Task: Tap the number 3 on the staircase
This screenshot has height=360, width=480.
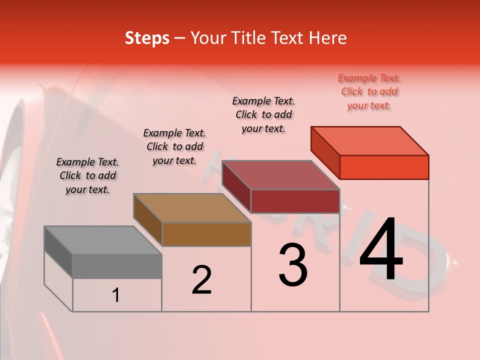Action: click(x=293, y=265)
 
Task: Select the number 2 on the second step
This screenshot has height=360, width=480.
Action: click(x=201, y=279)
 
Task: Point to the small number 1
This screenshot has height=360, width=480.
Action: click(x=116, y=295)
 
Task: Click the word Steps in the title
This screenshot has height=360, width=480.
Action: click(x=147, y=38)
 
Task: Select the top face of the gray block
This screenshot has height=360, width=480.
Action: click(x=103, y=240)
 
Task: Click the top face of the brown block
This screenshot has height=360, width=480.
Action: click(x=192, y=208)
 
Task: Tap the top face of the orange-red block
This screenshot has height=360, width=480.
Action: click(x=370, y=141)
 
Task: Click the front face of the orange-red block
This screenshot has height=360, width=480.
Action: click(x=384, y=167)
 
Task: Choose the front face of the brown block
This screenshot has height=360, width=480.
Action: click(x=206, y=234)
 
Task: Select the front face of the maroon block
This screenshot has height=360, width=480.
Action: click(x=295, y=201)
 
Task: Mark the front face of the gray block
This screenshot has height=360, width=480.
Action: click(x=117, y=266)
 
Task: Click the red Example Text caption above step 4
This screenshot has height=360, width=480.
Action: click(x=369, y=91)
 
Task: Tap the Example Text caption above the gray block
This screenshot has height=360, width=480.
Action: click(x=87, y=175)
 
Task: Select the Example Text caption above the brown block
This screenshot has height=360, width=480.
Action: click(x=174, y=146)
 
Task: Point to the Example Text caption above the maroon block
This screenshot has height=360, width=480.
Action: click(x=263, y=114)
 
